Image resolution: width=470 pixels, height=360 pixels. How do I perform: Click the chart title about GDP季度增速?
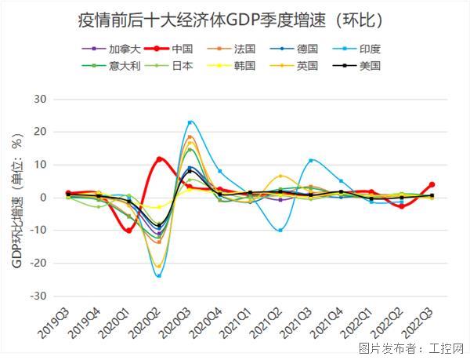point(235,16)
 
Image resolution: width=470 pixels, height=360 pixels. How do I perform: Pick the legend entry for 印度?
point(370,49)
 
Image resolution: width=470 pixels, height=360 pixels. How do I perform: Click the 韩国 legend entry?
point(244,65)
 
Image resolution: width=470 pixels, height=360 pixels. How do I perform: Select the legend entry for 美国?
point(370,65)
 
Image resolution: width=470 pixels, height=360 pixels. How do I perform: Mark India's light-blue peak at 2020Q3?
point(190,122)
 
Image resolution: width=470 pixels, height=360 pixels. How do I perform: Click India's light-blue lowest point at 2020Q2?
point(159,276)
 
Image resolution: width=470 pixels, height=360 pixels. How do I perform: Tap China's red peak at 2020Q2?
point(159,159)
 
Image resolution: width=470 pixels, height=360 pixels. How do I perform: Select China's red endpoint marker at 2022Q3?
point(432,185)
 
